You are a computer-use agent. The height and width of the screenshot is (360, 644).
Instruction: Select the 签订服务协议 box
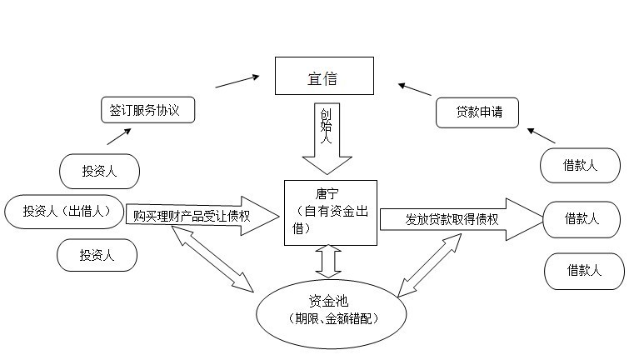click(x=146, y=110)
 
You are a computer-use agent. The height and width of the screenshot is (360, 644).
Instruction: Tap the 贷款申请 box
click(x=477, y=112)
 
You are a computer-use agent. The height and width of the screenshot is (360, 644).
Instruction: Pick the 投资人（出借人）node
click(x=65, y=211)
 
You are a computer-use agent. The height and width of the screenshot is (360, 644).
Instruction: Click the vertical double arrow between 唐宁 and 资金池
click(x=328, y=261)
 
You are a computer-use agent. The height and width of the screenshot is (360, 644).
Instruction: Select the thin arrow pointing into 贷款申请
click(x=541, y=136)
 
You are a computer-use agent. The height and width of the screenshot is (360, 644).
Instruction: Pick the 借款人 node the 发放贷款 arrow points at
click(x=582, y=219)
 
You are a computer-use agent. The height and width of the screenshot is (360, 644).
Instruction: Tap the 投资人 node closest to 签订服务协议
click(x=98, y=172)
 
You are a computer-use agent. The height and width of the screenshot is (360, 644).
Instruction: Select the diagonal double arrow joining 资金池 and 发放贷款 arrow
click(x=431, y=263)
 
